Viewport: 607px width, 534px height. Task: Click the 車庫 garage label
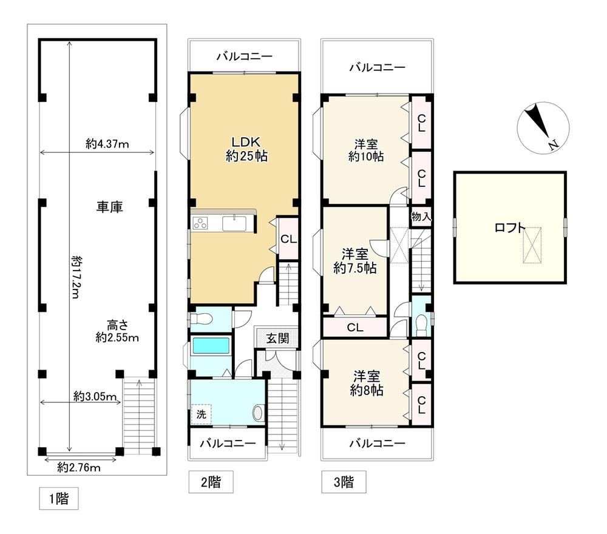point(109,207)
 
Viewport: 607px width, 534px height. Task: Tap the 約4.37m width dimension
point(107,144)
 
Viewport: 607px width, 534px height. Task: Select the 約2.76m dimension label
point(79,468)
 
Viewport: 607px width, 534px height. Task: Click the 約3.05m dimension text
point(95,397)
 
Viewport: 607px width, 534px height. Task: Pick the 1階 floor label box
point(59,498)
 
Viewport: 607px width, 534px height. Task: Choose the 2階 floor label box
point(211,482)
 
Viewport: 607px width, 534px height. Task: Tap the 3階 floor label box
point(344,482)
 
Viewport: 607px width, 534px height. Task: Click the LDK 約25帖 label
point(246,149)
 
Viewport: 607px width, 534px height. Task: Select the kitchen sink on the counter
point(234,224)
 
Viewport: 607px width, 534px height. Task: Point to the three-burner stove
point(200,223)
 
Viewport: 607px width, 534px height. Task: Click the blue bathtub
point(211,345)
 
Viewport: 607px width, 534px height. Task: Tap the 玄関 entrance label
point(277,339)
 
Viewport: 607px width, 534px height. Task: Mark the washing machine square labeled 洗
point(202,414)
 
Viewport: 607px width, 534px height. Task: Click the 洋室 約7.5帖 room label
point(355,261)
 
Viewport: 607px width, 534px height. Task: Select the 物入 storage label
point(421,216)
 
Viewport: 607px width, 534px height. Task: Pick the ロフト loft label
point(510,228)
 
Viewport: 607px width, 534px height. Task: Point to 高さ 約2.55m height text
point(117,331)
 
